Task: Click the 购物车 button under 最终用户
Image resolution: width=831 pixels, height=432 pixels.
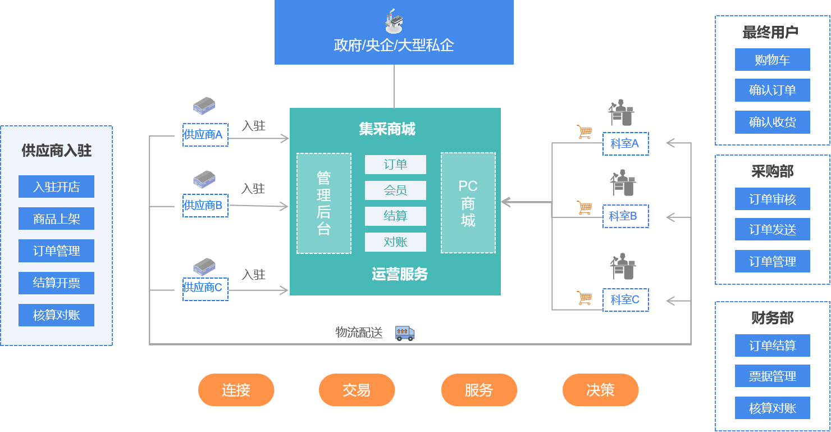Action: [x=772, y=60]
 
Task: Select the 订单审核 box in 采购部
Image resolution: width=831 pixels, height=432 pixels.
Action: [x=772, y=199]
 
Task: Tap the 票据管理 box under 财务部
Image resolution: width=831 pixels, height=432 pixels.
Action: [x=772, y=376]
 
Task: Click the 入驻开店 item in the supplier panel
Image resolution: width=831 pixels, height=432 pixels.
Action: [x=56, y=187]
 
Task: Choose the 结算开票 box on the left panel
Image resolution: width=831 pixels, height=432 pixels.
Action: [x=56, y=283]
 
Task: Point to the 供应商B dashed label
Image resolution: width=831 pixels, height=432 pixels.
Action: [x=205, y=205]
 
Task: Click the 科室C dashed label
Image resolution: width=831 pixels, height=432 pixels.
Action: [x=625, y=299]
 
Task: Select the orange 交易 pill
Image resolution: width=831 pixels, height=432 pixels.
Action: [x=357, y=390]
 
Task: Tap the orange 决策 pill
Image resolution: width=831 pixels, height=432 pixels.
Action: [x=600, y=390]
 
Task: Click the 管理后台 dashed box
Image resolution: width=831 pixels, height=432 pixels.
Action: [x=324, y=203]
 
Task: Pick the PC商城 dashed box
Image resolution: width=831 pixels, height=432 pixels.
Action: [x=468, y=203]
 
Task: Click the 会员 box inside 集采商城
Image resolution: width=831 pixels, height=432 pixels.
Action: [x=395, y=190]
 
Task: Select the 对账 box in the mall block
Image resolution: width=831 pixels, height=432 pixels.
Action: [x=395, y=242]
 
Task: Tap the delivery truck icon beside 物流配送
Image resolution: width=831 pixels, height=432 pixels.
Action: [x=405, y=333]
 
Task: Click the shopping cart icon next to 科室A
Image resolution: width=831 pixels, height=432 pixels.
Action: [x=584, y=132]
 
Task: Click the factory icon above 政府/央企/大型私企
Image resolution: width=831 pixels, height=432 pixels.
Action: [x=394, y=22]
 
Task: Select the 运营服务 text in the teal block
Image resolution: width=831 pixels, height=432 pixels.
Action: [x=399, y=274]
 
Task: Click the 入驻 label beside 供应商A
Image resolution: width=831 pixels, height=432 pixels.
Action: [x=254, y=126]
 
